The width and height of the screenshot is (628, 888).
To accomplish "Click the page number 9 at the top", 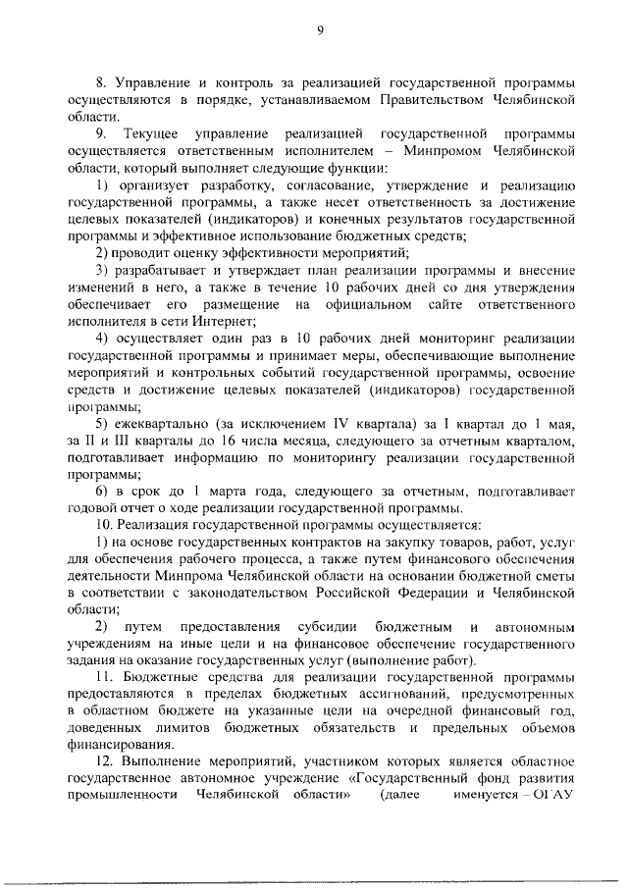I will [x=320, y=29].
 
